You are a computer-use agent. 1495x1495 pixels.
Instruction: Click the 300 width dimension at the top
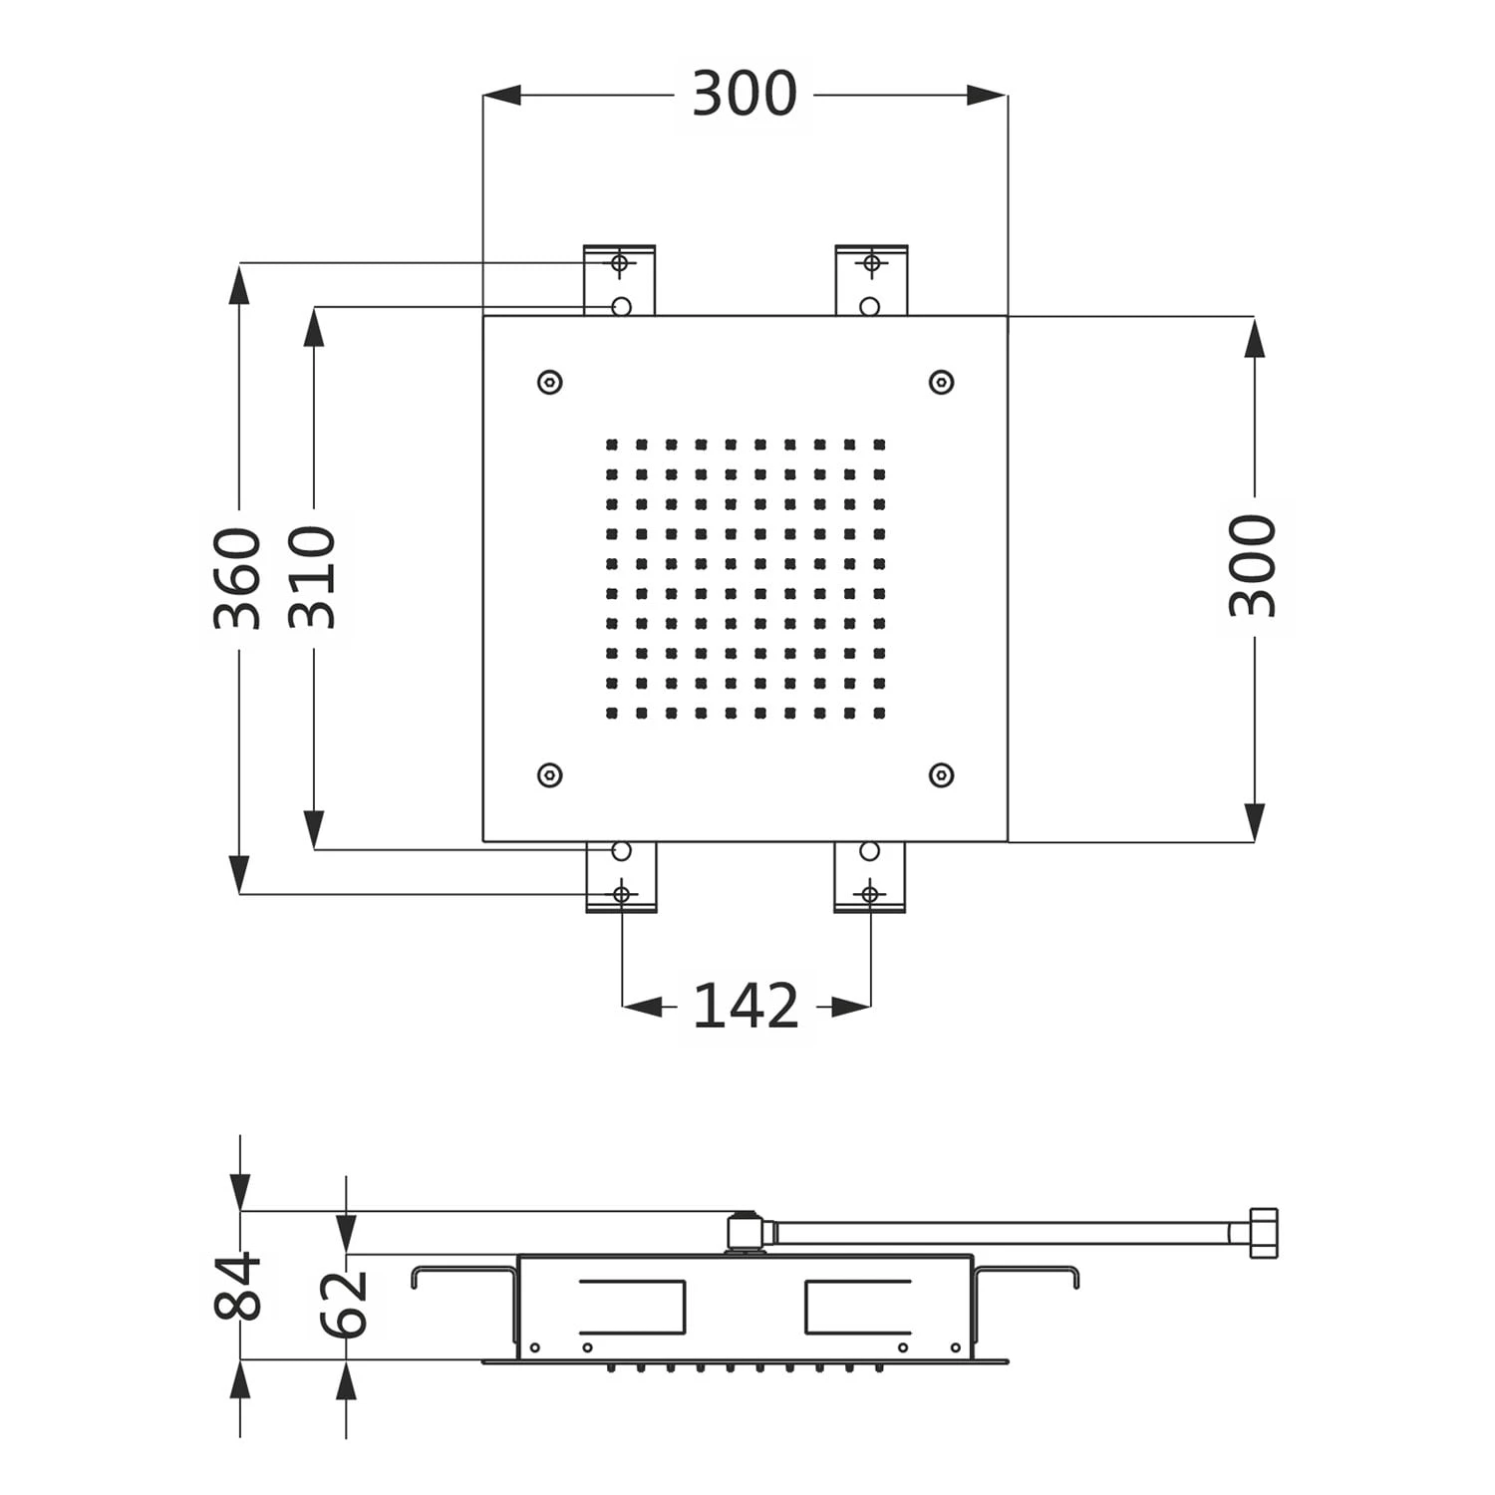pyautogui.click(x=744, y=95)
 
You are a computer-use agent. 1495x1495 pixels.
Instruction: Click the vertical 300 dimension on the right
pyautogui.click(x=1253, y=566)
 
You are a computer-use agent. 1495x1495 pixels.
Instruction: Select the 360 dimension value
pyautogui.click(x=238, y=578)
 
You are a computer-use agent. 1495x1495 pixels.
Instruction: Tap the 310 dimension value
pyautogui.click(x=313, y=578)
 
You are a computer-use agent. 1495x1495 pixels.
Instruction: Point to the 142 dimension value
pyautogui.click(x=746, y=1007)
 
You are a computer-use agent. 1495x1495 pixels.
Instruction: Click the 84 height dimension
pyautogui.click(x=238, y=1287)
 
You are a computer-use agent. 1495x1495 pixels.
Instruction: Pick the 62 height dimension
pyautogui.click(x=345, y=1304)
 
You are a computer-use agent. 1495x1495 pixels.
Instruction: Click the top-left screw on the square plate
pyautogui.click(x=549, y=382)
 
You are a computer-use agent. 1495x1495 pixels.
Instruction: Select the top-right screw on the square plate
pyautogui.click(x=941, y=382)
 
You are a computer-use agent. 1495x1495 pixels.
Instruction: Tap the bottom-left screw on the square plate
pyautogui.click(x=549, y=774)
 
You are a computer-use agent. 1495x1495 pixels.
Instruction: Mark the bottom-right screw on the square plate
pyautogui.click(x=941, y=774)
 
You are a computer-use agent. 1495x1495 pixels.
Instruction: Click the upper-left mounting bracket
pyautogui.click(x=619, y=280)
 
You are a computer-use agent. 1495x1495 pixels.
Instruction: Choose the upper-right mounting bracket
pyautogui.click(x=871, y=280)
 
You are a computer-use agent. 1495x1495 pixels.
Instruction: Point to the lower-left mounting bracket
pyautogui.click(x=621, y=877)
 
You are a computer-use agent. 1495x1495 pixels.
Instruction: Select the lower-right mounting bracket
pyautogui.click(x=869, y=877)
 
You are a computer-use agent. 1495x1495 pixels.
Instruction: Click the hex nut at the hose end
pyautogui.click(x=1262, y=1233)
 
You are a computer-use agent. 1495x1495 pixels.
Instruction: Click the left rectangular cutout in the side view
pyautogui.click(x=632, y=1307)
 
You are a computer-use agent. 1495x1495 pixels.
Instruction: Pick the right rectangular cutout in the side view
pyautogui.click(x=857, y=1307)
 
